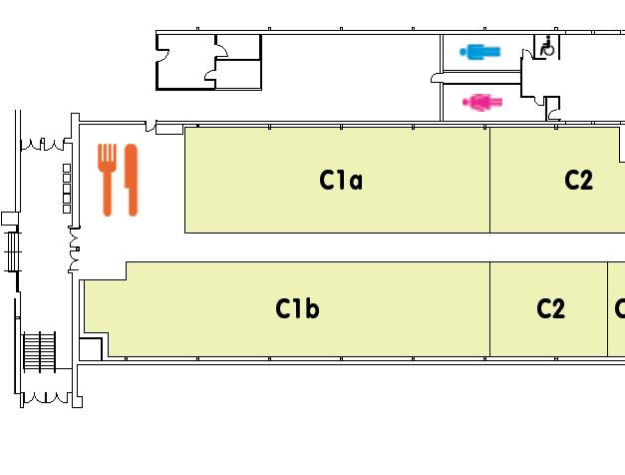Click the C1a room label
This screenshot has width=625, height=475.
[x=340, y=181]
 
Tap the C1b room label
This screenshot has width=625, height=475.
[x=297, y=309]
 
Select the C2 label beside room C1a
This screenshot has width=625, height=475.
[x=578, y=181]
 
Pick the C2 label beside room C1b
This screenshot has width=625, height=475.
[x=550, y=309]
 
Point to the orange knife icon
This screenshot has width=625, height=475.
[x=131, y=180]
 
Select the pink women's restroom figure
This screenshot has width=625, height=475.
[x=482, y=101]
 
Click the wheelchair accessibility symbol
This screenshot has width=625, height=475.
[x=547, y=46]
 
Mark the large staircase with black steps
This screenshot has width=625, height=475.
[x=40, y=351]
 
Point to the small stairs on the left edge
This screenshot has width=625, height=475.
[x=12, y=251]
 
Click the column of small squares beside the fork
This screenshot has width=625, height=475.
[x=67, y=188]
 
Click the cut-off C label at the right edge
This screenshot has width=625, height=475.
[x=619, y=309]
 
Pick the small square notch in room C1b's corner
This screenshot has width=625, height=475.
[x=90, y=349]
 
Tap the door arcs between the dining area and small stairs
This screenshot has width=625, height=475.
[x=73, y=249]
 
